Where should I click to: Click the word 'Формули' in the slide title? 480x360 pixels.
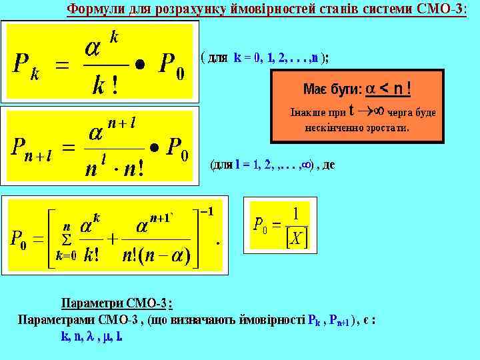pyautogui.click(x=94, y=10)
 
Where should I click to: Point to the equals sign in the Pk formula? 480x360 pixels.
pyautogui.click(x=61, y=66)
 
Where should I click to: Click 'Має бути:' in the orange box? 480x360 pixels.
pyautogui.click(x=332, y=89)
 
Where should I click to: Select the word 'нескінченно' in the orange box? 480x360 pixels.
pyautogui.click(x=333, y=127)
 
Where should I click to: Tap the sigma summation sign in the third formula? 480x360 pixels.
pyautogui.click(x=66, y=239)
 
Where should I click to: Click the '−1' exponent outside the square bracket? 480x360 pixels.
pyautogui.click(x=207, y=211)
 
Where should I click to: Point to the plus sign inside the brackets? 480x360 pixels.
pyautogui.click(x=113, y=239)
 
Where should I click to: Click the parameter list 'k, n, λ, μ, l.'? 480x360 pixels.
pyautogui.click(x=91, y=337)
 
